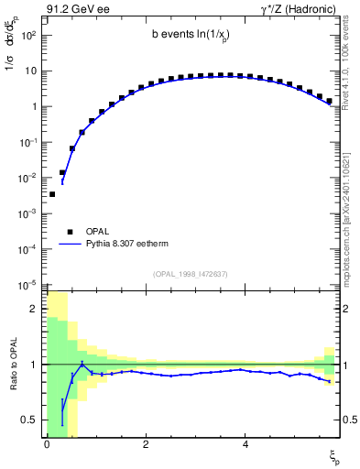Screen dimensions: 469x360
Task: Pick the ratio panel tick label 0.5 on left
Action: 30,420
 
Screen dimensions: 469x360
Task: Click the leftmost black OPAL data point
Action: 52,194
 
